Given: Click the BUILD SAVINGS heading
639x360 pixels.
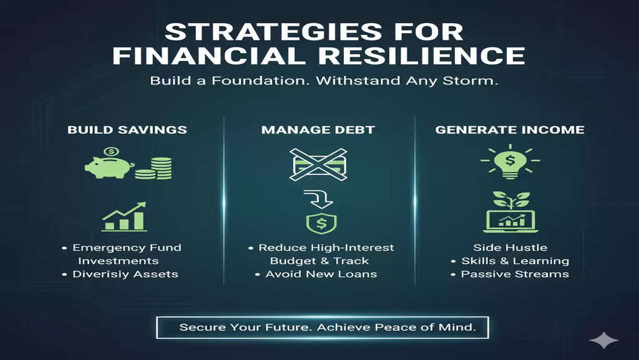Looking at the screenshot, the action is click(127, 129).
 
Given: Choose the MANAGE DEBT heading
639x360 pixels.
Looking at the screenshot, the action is click(318, 129).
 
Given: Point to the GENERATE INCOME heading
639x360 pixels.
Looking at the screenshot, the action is click(510, 129).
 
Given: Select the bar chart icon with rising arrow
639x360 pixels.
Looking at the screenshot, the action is click(124, 217).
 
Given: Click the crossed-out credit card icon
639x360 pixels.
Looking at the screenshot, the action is click(318, 164).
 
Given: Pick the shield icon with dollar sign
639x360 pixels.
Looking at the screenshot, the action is click(321, 223).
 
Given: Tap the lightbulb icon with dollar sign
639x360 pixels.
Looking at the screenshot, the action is click(510, 161).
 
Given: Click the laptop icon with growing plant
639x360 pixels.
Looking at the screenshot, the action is click(511, 212).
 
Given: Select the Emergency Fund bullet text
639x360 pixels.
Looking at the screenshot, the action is click(127, 248).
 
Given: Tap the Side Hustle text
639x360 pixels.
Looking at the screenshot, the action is click(510, 248).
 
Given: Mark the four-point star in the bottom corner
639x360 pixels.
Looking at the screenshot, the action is click(604, 340).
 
